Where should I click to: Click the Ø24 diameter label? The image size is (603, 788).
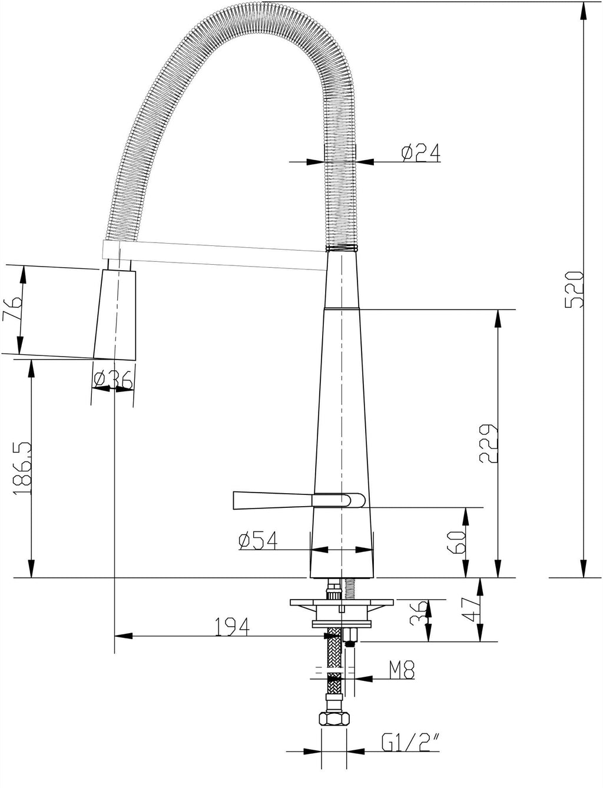(x=420, y=154)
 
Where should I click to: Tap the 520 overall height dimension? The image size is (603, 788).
(x=574, y=290)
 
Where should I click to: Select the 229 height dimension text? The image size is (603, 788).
(x=489, y=443)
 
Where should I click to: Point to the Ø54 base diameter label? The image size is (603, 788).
(x=258, y=540)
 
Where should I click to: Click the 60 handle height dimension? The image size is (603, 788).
(x=456, y=541)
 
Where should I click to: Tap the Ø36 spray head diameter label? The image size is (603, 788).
(x=113, y=381)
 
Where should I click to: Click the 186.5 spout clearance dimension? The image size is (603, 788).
(x=22, y=468)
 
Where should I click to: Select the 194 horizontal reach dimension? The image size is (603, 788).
(x=232, y=626)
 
